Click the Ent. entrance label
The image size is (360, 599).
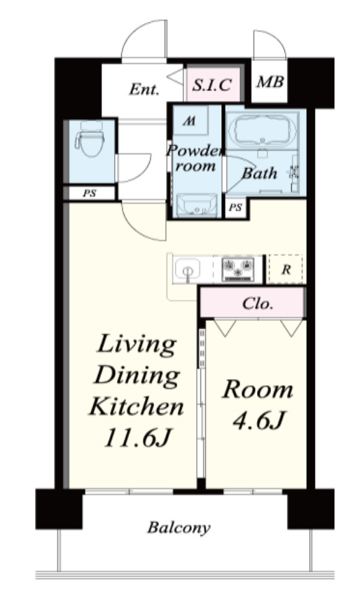(x=144, y=89)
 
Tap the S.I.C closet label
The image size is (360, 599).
(x=212, y=85)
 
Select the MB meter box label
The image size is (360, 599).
(x=270, y=81)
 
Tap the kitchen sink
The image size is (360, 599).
(x=187, y=270)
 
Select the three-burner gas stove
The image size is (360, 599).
(x=238, y=269)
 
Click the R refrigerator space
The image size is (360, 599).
(x=286, y=269)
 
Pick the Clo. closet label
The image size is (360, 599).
(x=258, y=303)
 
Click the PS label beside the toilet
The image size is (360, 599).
(x=90, y=193)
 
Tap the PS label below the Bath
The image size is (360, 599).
(x=235, y=207)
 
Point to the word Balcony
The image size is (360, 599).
(x=179, y=528)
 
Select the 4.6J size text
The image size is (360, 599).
(x=258, y=420)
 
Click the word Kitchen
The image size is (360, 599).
(x=137, y=406)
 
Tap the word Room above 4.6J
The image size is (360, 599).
(x=258, y=390)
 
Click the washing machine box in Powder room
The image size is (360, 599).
(x=191, y=121)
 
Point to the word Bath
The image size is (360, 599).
(x=260, y=174)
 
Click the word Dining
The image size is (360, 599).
(x=137, y=375)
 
